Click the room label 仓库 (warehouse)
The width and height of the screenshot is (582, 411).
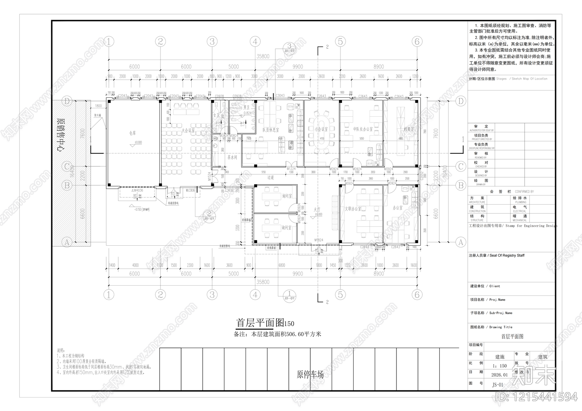(132, 133)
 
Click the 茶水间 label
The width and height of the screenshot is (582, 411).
(232, 157)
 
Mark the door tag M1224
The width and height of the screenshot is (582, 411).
(291, 169)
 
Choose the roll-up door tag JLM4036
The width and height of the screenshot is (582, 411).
(137, 190)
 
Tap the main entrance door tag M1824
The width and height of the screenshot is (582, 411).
(319, 240)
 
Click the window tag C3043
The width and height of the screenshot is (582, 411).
(280, 96)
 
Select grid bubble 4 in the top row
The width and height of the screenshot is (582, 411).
(255, 41)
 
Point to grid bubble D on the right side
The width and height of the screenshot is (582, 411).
(461, 101)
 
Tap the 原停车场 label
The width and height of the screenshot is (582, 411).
(310, 374)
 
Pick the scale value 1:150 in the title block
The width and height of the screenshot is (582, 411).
(499, 366)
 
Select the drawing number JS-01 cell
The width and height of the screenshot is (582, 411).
(498, 384)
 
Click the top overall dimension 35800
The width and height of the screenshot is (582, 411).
(263, 56)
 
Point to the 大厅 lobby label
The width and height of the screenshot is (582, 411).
(317, 210)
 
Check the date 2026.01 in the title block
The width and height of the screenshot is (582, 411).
(499, 375)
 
